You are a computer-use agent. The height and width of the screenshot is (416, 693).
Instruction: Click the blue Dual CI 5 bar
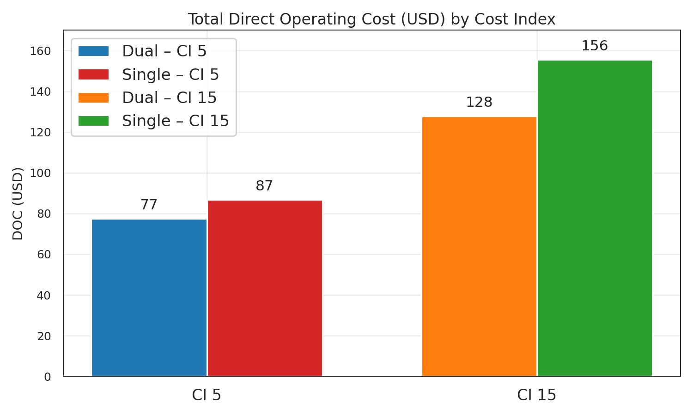[x=149, y=298]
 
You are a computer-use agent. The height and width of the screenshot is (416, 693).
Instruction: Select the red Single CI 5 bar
[x=265, y=288]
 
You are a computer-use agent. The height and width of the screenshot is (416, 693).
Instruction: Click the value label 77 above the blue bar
[x=149, y=205]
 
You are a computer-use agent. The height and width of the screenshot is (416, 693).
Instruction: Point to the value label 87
[x=264, y=186]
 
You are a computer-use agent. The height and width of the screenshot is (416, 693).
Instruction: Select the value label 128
[x=479, y=102]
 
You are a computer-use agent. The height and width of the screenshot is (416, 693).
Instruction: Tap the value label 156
[x=595, y=46]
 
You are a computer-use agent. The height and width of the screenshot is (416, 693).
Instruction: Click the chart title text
[x=371, y=19]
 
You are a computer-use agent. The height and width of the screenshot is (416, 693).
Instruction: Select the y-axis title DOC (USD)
[x=18, y=203]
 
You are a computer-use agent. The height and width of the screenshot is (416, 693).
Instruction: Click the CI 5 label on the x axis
[x=207, y=395]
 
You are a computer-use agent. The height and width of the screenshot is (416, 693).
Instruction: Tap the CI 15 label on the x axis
[x=536, y=395]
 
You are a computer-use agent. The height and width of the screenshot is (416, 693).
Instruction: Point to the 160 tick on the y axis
[x=40, y=51]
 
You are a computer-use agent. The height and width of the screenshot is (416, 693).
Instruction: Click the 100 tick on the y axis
[x=40, y=173]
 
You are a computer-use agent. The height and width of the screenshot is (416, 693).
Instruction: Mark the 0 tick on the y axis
[x=48, y=377]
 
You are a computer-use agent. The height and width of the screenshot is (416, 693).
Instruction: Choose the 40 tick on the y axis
[x=44, y=295]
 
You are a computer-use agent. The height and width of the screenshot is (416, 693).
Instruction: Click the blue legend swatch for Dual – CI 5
[x=93, y=51]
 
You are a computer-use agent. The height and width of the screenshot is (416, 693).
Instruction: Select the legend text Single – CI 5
[x=170, y=74]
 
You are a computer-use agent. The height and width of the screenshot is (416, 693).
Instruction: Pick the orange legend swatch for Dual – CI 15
[x=93, y=98]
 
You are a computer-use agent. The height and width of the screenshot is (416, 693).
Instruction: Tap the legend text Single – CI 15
[x=176, y=121]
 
